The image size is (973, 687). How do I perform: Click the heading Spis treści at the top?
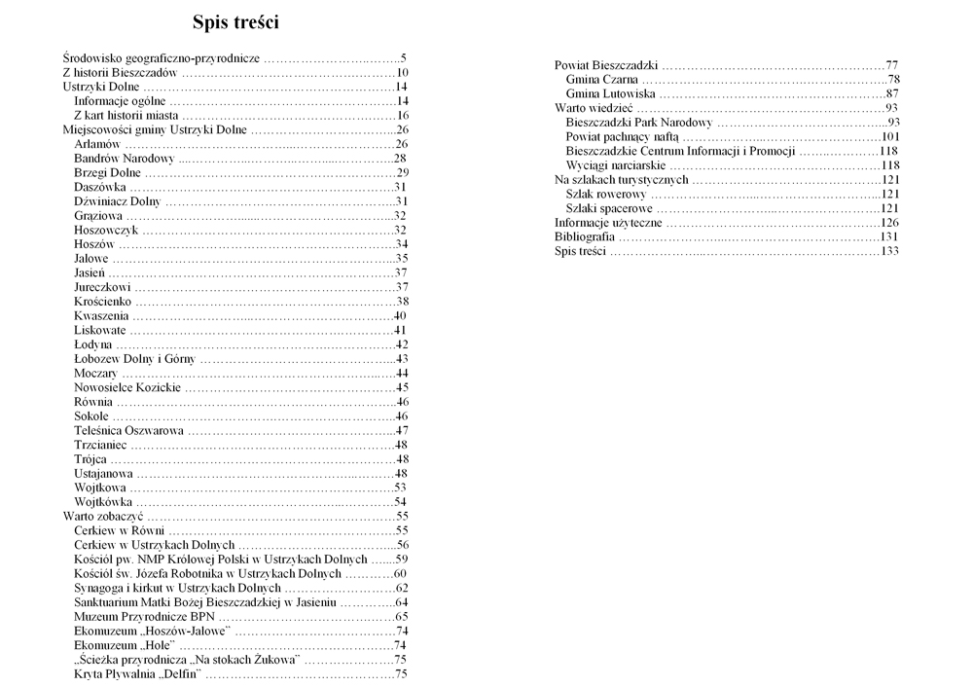[x=236, y=21]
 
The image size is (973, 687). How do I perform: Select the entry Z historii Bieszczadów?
[x=119, y=73]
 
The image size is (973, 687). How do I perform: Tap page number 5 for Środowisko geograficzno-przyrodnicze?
[x=403, y=58]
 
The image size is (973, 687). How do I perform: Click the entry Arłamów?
[x=97, y=144]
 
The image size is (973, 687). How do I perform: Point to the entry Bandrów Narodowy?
[x=124, y=159]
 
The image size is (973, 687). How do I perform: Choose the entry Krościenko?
[x=104, y=301]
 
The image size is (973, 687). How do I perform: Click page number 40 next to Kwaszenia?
[x=399, y=315]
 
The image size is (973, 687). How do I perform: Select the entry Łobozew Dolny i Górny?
[x=134, y=358]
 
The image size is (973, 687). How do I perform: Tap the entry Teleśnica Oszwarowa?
[x=128, y=430]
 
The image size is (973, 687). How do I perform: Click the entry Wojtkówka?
[x=104, y=501]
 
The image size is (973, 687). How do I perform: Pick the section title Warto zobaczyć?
[x=102, y=516]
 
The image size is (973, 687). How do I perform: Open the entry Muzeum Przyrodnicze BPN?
[x=144, y=616]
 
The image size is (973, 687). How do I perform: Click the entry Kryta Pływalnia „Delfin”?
[x=137, y=673]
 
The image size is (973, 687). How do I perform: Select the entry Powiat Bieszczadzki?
[x=606, y=65]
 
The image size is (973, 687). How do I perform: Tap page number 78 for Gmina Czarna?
[x=892, y=80]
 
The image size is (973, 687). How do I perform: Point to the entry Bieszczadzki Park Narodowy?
[x=639, y=123]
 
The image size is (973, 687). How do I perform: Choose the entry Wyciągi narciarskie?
[x=616, y=165]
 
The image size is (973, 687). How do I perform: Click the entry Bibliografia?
[x=584, y=236]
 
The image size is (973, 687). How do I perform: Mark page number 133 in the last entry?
[x=888, y=251]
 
